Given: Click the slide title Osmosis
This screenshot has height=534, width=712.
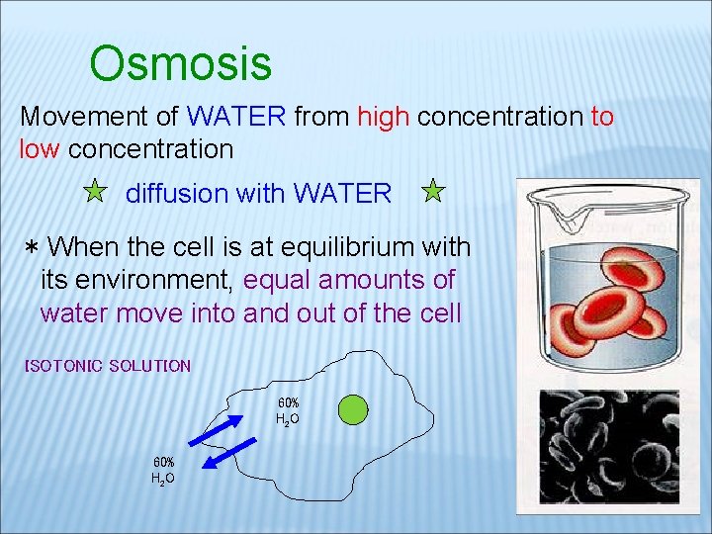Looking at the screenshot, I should tap(180, 64).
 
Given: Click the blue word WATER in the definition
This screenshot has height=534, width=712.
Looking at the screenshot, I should tap(235, 117).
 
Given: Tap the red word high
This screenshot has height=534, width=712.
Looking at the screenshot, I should tap(384, 117).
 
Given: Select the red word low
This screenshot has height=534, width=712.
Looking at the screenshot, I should tap(41, 150).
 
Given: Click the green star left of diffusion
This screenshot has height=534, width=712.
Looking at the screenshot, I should tap(94, 191).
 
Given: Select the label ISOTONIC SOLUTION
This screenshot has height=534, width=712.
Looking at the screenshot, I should tap(108, 366).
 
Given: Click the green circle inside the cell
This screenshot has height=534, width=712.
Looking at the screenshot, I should tap(353, 409).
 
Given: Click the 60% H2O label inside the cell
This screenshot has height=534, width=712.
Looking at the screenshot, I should tap(288, 411).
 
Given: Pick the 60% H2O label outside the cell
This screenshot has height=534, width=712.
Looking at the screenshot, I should tap(163, 471).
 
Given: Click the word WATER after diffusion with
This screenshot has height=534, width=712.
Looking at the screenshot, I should tap(342, 194).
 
